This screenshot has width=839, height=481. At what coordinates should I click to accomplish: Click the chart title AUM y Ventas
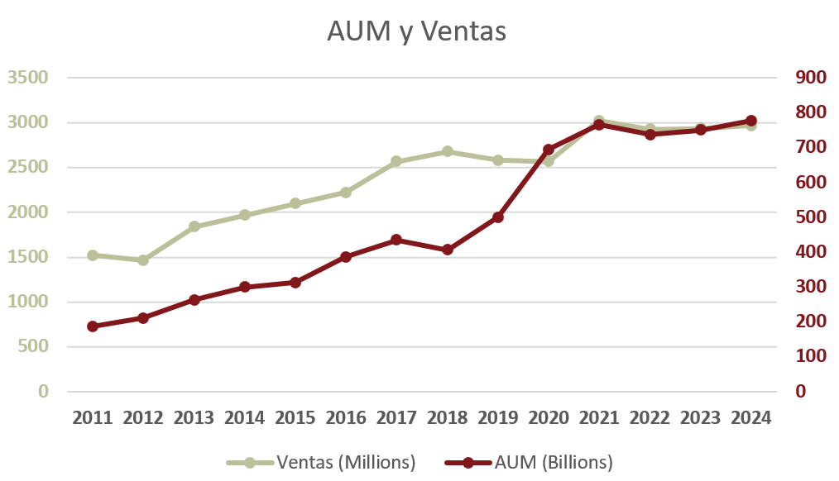tap(416, 31)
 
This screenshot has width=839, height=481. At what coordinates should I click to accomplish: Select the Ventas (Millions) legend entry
tap(346, 462)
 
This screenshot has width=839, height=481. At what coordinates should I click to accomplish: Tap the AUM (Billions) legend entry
tap(554, 462)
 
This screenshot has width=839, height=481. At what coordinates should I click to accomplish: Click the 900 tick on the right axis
tap(811, 78)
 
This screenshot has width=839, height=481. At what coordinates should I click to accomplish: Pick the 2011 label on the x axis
tap(93, 418)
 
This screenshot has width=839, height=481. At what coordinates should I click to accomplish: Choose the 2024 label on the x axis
tap(751, 418)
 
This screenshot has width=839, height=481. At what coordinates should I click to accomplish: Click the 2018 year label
tap(448, 418)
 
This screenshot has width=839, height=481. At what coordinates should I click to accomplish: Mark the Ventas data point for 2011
tap(93, 255)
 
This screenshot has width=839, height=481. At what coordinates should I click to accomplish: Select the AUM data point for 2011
tap(93, 326)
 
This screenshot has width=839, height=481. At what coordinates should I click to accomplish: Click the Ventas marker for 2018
tap(448, 151)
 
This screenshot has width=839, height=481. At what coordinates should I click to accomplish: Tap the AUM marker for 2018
tap(448, 250)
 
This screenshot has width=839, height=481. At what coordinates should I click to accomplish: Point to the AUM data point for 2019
tap(498, 217)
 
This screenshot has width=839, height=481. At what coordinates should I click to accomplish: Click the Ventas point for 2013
tap(194, 226)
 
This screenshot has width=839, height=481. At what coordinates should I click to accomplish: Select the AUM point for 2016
tap(346, 257)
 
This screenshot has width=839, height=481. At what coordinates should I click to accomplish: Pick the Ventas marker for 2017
tap(396, 161)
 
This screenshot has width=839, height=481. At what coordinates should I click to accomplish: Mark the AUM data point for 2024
tap(751, 121)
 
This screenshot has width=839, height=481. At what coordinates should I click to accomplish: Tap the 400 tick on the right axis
tap(811, 252)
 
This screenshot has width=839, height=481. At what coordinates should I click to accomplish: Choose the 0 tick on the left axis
tap(43, 392)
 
